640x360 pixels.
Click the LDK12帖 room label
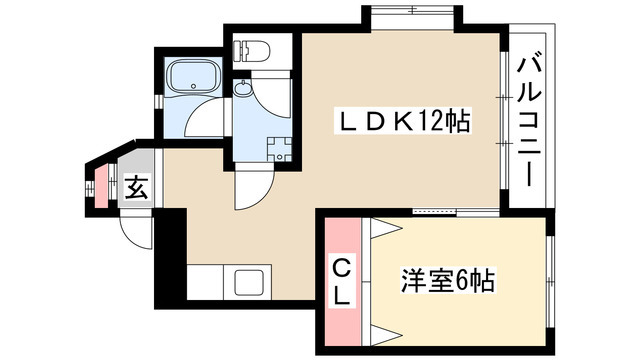[403, 121]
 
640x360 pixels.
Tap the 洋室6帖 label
[448, 281]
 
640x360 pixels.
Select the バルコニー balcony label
[529, 122]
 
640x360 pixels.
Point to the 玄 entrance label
[137, 188]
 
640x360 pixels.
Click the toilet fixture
[251, 51]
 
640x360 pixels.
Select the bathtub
[193, 77]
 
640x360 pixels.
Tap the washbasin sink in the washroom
[243, 88]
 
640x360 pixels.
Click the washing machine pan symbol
[280, 149]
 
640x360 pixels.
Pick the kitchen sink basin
[249, 283]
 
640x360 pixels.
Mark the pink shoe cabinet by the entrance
[102, 186]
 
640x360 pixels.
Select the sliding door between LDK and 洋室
[456, 211]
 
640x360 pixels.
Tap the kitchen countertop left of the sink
[205, 282]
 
